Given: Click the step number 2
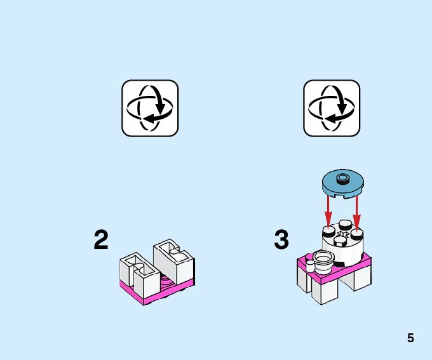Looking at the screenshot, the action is tap(101, 240).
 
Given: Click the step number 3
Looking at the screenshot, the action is tap(281, 240).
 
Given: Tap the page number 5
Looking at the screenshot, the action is tap(410, 338).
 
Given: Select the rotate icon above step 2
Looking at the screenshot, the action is tap(150, 108).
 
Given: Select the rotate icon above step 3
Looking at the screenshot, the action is tap(332, 108).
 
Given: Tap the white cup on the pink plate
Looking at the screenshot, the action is tap(323, 260).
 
